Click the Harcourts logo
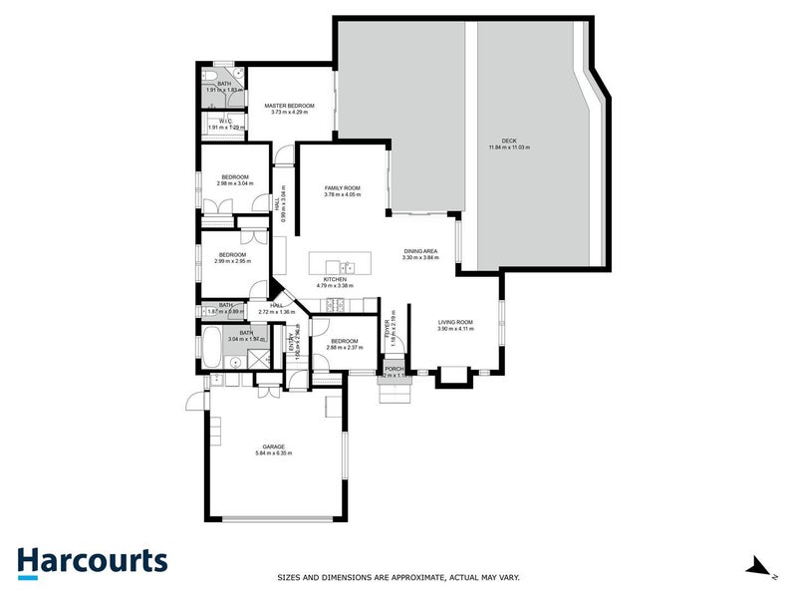(92, 560)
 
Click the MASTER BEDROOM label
(289, 105)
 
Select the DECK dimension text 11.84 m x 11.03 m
(509, 148)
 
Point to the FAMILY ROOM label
(342, 187)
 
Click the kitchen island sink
(347, 267)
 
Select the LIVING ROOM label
(455, 322)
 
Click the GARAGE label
(274, 447)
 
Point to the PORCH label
(395, 369)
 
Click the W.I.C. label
(225, 121)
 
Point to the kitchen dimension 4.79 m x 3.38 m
(334, 286)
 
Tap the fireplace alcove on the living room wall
(452, 376)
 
